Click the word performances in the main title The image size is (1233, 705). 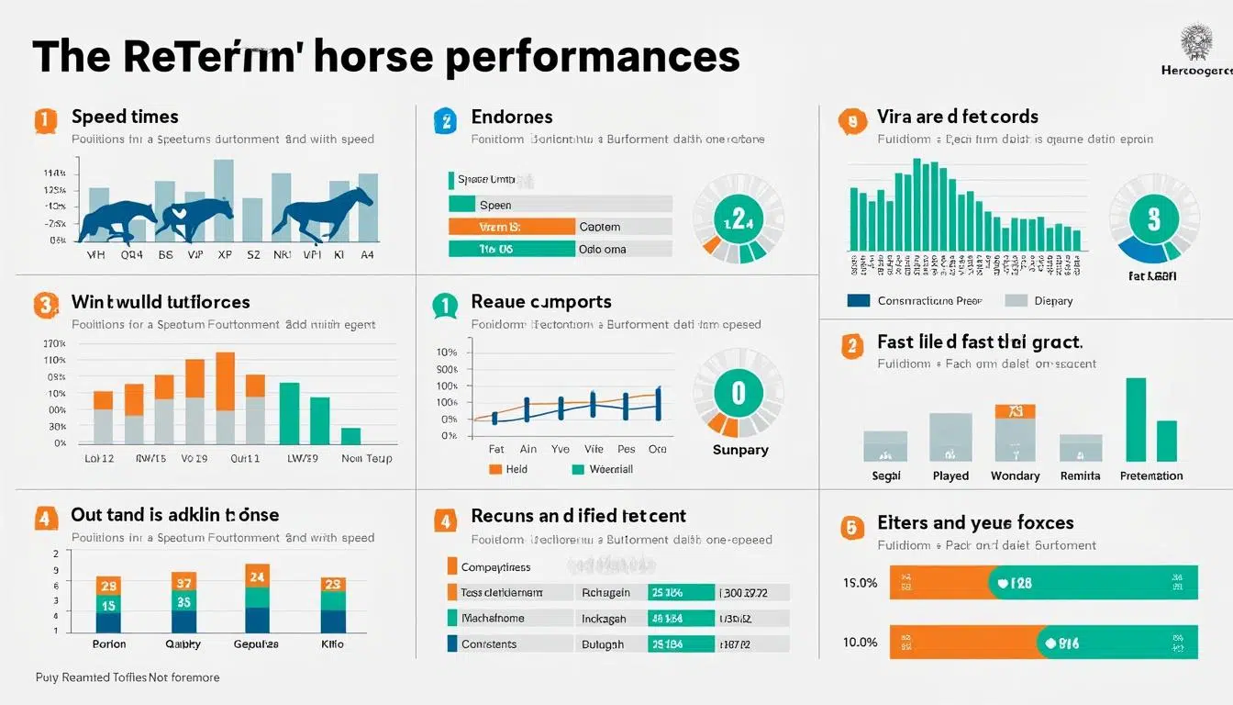point(592,57)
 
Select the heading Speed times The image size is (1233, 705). point(125,117)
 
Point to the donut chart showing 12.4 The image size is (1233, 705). point(738,220)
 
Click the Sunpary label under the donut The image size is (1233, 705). point(740,450)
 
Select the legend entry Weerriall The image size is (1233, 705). point(610,469)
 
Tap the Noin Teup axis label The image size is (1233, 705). point(366,458)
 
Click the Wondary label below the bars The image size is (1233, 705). point(1015,476)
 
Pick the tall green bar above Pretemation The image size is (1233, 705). point(1136,420)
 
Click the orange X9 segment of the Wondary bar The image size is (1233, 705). point(1015,411)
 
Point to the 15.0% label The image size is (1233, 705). point(860,583)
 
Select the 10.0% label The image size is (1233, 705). point(860,642)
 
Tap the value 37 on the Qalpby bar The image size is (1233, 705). point(183,581)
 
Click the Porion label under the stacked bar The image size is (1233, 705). point(108,643)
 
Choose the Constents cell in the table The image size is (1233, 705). point(489,643)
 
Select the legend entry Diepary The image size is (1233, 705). point(1053,300)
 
